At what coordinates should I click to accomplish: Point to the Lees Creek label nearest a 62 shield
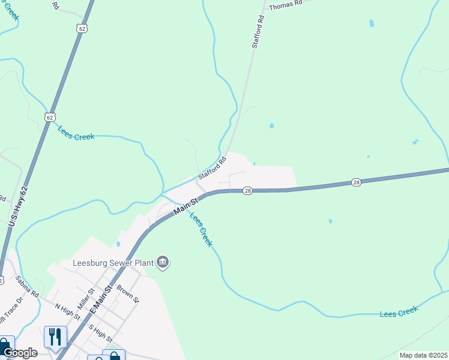76,133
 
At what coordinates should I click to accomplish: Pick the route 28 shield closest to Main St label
247,191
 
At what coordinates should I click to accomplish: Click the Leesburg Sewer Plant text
112,263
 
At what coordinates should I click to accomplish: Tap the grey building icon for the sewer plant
163,262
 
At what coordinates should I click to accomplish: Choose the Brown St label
128,293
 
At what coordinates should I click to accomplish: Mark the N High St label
67,310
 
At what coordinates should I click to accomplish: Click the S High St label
100,332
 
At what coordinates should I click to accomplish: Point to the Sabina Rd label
27,287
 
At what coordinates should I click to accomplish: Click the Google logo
19,353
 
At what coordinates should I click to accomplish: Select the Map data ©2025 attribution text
423,355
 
